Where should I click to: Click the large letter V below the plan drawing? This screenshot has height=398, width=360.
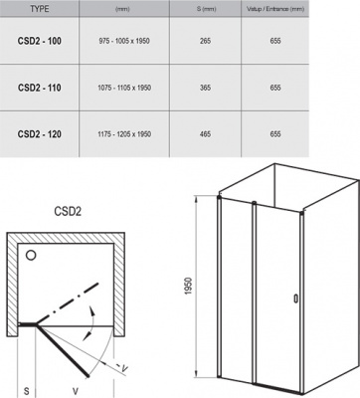click(78, 380)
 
